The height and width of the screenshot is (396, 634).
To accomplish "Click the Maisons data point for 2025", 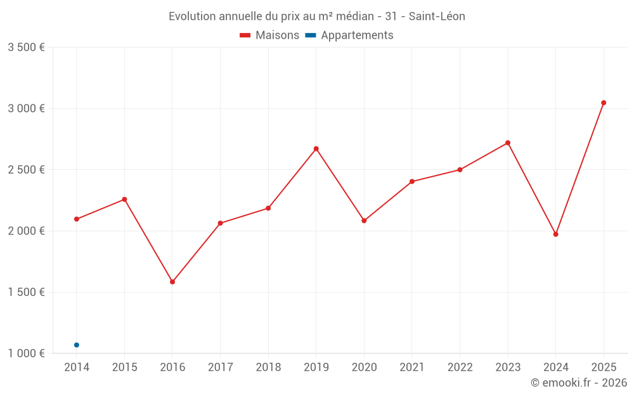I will [604, 103].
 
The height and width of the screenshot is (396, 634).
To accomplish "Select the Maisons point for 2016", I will [172, 282].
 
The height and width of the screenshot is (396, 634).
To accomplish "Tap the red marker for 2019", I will [316, 149].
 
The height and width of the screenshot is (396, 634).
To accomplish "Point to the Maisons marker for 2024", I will [556, 234].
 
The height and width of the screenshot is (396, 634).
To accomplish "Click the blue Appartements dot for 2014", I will [77, 345].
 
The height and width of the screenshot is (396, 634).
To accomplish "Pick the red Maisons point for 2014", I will [77, 219].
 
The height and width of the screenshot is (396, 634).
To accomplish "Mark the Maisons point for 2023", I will [508, 143].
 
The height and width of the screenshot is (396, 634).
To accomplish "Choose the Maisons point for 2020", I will [364, 220].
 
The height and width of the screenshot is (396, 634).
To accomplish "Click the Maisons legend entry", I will [269, 35].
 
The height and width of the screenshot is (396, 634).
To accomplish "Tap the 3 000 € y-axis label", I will [26, 108].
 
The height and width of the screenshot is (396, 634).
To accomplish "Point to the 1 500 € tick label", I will [26, 292].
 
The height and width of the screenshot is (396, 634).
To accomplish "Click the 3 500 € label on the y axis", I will [26, 48].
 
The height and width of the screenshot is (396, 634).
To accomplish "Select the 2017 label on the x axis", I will [220, 367].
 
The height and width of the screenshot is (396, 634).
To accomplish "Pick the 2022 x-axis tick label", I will [460, 367].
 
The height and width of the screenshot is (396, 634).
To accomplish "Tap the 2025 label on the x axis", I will [604, 367].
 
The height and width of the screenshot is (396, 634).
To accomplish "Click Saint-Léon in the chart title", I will [437, 16].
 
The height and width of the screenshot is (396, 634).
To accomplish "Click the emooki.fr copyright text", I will [579, 383].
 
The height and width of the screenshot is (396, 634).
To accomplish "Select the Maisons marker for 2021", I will [412, 182].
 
